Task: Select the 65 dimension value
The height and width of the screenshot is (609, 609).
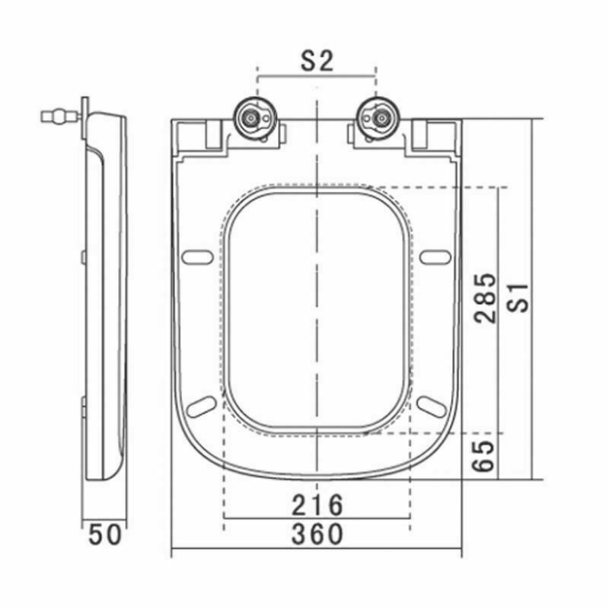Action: pos(486,454)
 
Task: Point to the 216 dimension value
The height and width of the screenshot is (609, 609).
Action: pos(317,504)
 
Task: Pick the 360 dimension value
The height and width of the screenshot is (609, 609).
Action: pos(317,534)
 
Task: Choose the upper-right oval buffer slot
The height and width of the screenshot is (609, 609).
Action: pos(435,257)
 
